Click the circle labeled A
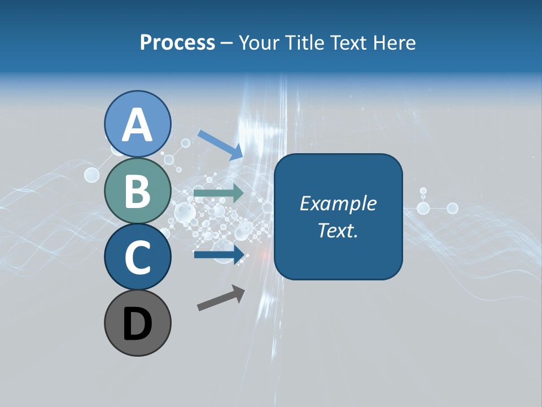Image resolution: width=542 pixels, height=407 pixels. (x=138, y=124)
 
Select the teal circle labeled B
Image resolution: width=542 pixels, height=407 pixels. (x=138, y=190)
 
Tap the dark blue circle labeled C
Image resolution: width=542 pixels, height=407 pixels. (x=138, y=257)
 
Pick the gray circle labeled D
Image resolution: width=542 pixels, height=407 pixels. (x=138, y=323)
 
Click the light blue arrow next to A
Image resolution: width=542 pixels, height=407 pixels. (x=220, y=144)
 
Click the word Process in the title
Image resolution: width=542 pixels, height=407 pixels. (x=177, y=42)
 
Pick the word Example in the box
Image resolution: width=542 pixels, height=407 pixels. (x=338, y=203)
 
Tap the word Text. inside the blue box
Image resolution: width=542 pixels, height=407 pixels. (x=338, y=230)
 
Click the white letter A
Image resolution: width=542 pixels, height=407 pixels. (x=138, y=125)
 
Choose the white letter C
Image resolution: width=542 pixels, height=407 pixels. (x=138, y=258)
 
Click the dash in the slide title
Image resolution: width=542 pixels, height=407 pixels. (x=227, y=43)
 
